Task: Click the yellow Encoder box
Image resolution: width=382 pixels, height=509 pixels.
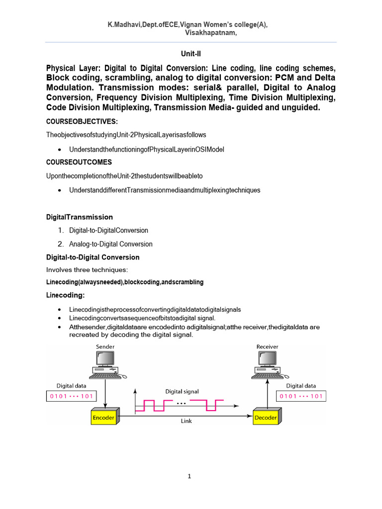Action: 103,417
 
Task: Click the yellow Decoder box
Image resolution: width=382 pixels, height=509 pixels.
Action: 266,417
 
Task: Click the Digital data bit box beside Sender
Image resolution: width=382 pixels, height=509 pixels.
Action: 69,396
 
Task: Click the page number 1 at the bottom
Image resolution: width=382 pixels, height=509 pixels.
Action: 190,476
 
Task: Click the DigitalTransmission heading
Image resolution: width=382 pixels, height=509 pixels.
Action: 80,217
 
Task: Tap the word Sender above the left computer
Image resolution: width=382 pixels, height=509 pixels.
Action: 105,346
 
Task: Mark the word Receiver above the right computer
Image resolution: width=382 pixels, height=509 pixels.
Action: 267,346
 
